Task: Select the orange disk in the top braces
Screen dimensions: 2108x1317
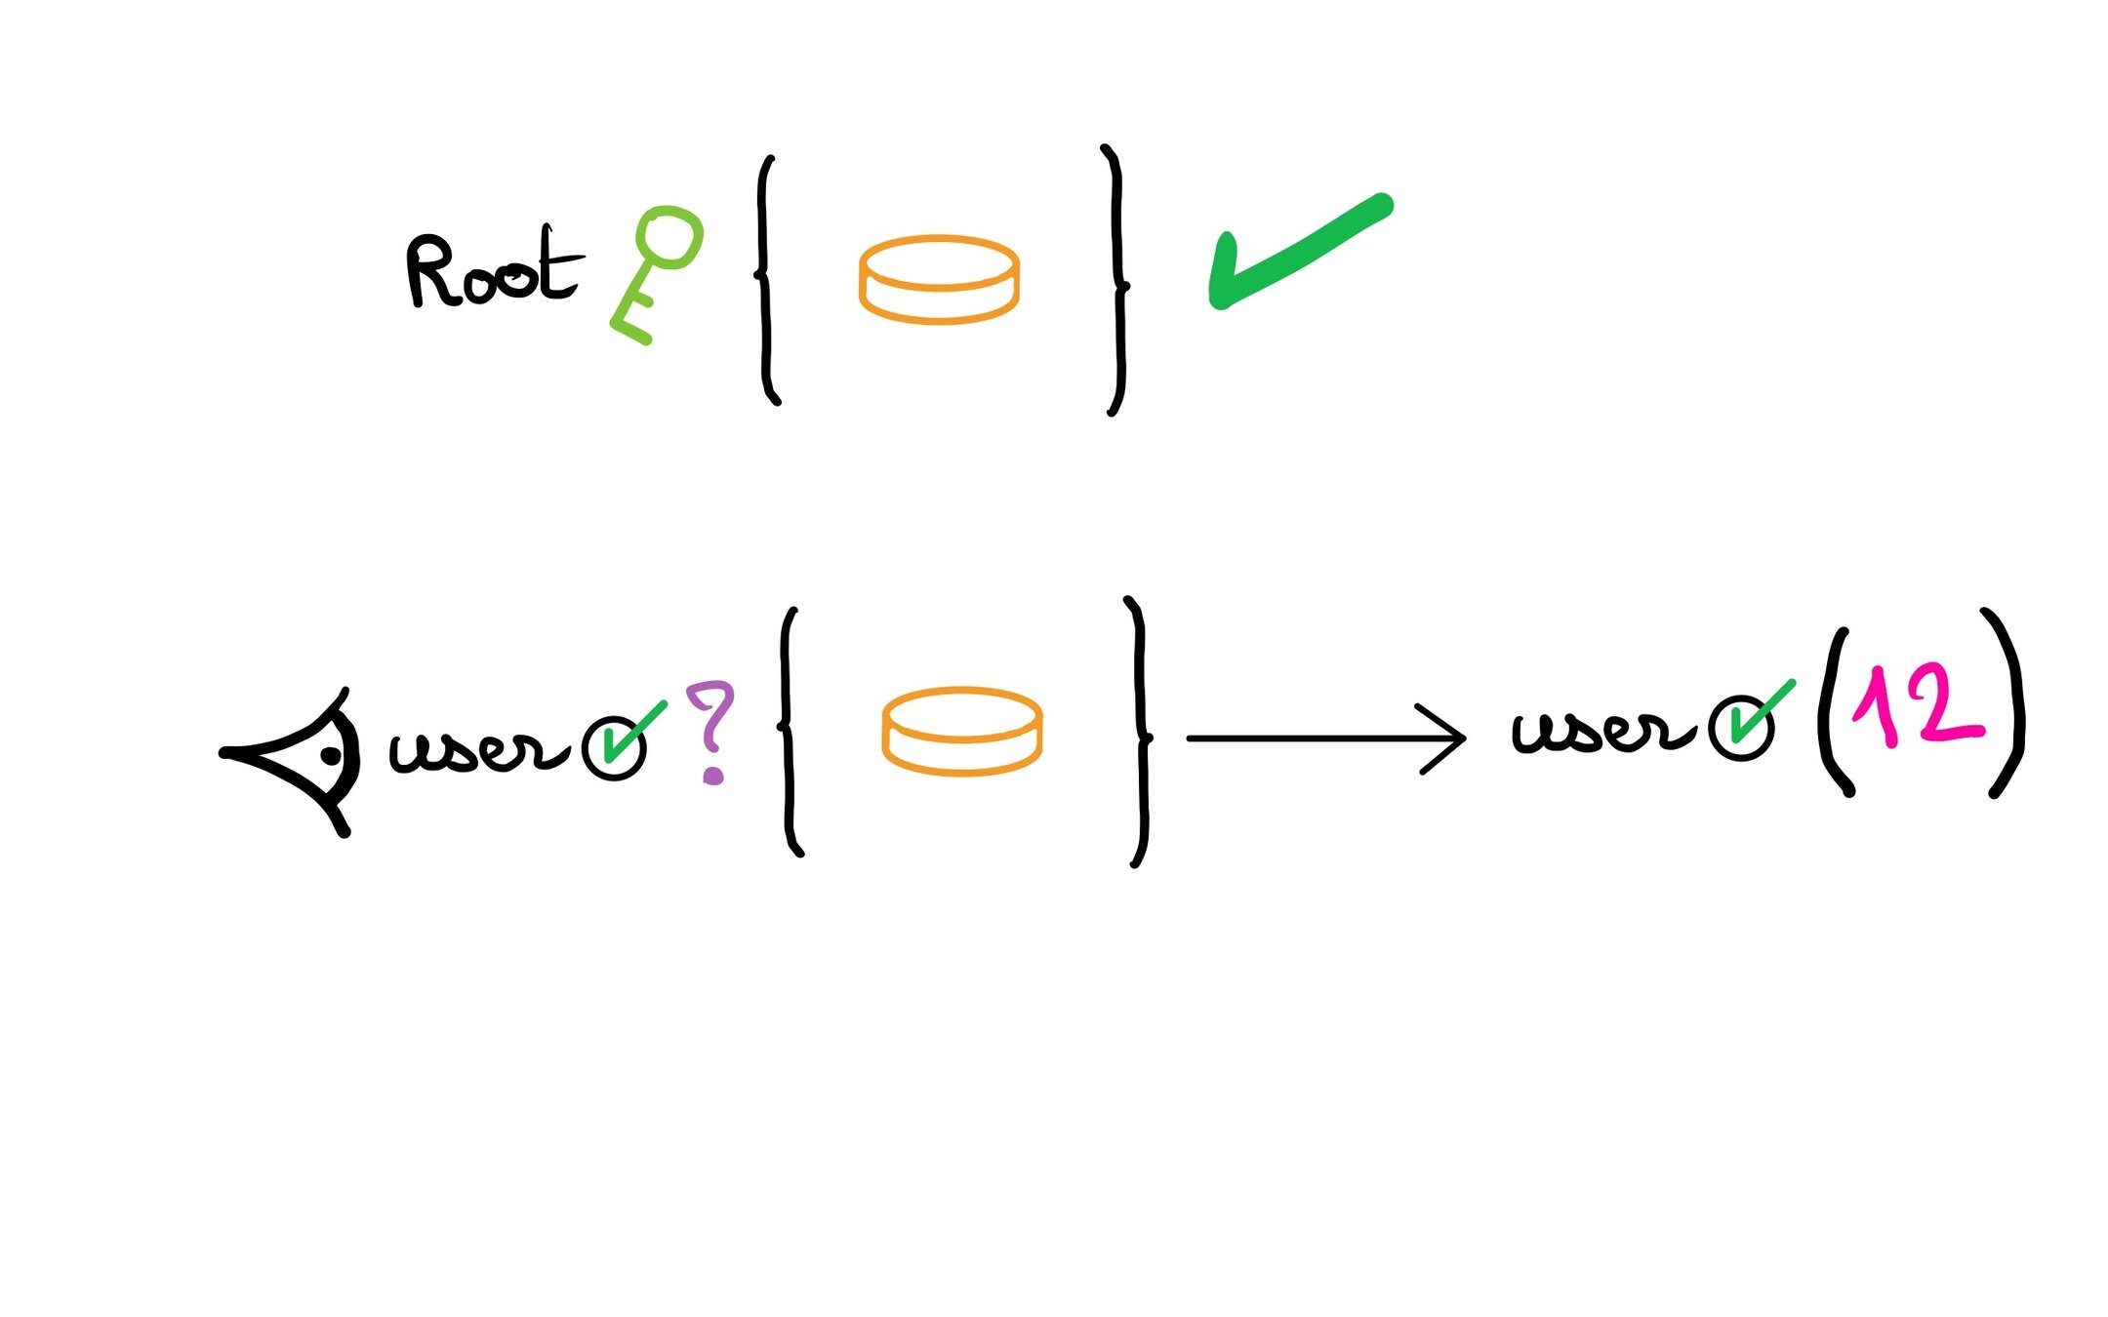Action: (x=939, y=280)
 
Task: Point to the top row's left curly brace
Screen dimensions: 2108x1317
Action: (x=767, y=278)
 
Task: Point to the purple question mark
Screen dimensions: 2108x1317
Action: (x=711, y=730)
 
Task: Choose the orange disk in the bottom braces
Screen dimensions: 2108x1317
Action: (x=962, y=732)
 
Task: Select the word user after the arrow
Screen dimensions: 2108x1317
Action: (x=1601, y=732)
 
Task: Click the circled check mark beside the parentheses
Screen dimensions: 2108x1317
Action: (x=1742, y=727)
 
